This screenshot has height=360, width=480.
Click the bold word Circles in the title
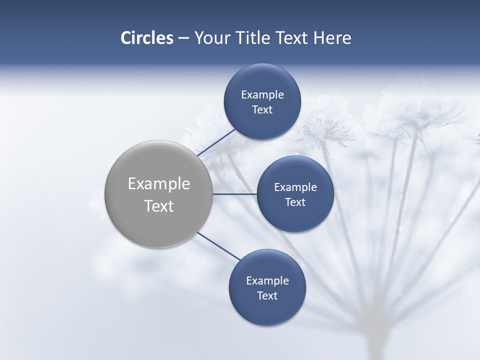click(x=147, y=38)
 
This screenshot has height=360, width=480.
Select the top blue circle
click(x=262, y=80)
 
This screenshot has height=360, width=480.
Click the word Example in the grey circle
click(x=159, y=184)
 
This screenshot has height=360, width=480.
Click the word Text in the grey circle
click(x=159, y=206)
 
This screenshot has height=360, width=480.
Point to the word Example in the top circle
click(x=262, y=95)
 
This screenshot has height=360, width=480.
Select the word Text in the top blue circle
click(x=262, y=110)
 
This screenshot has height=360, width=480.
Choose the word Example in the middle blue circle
click(x=295, y=187)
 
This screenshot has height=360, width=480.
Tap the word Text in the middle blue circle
click(x=295, y=202)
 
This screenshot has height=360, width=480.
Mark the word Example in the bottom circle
click(x=267, y=281)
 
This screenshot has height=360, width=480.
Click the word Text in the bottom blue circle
click(x=267, y=296)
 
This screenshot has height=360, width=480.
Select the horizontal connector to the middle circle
click(x=234, y=194)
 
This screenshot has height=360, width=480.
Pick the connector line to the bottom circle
click(x=219, y=246)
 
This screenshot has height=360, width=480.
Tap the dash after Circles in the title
click(x=183, y=38)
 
